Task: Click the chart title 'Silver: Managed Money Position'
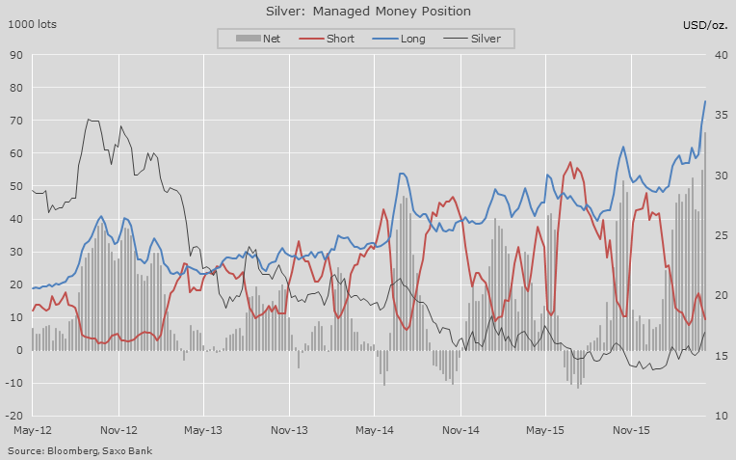tap(368, 12)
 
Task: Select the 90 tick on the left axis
tap(16, 55)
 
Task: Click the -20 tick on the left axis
tap(14, 416)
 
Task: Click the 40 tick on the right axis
tap(719, 55)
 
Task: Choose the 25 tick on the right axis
tap(719, 235)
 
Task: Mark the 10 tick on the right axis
tap(719, 416)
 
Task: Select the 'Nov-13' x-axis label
tap(289, 431)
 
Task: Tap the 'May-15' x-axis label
tap(545, 431)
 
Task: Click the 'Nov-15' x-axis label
tap(630, 431)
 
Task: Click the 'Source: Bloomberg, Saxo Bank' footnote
tap(80, 450)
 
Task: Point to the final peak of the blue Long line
tap(705, 101)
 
